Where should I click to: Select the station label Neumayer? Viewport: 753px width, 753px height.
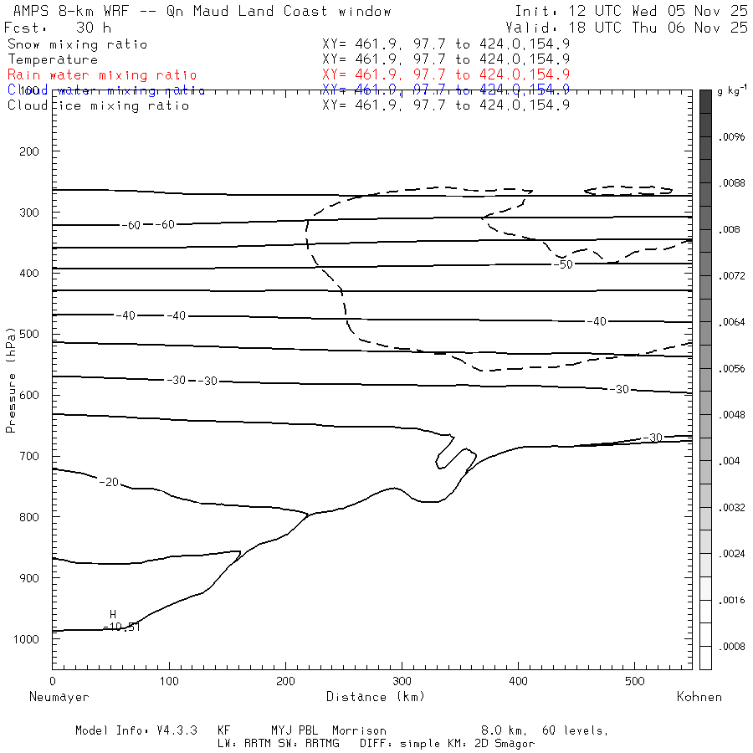pos(59,697)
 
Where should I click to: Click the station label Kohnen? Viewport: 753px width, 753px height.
pos(699,697)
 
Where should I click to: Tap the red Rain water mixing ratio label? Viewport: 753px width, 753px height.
pos(102,75)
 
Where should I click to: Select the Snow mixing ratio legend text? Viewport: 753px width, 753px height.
pos(78,44)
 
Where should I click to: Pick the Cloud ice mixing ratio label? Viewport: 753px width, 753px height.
pos(99,105)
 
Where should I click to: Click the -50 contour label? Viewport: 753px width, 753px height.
pos(563,264)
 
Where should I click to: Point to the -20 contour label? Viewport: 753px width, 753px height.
pos(109,483)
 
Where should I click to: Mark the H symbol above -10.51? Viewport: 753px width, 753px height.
pos(113,615)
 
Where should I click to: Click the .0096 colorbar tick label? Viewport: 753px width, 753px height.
pos(731,136)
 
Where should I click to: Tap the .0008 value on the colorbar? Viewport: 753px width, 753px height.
pos(731,647)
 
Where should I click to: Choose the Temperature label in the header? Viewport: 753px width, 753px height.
pos(53,59)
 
